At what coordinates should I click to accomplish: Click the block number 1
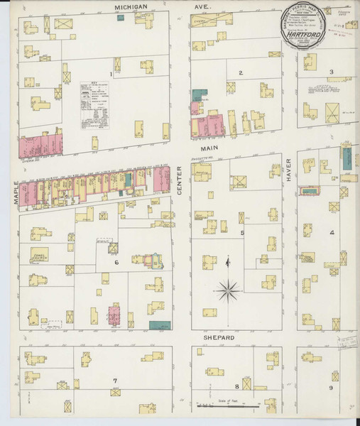(x=111, y=73)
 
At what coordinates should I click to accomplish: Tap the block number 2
(x=241, y=72)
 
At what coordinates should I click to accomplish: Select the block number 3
(x=331, y=72)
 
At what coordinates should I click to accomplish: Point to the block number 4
(x=331, y=232)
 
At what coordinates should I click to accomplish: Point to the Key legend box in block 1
(x=94, y=105)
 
